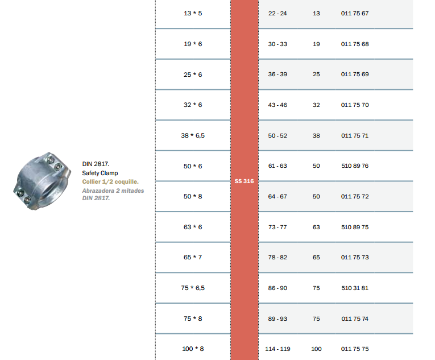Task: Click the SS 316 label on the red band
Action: [x=244, y=181]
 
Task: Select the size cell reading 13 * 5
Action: [x=193, y=13]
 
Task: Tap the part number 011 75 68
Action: [x=355, y=44]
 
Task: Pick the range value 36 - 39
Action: [x=277, y=75]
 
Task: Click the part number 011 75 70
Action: [x=355, y=105]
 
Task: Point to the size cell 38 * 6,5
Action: [x=193, y=135]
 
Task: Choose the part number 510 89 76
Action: [x=355, y=165]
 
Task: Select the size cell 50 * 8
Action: [x=193, y=197]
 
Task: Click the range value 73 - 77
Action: [x=277, y=227]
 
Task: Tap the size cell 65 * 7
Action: [x=193, y=257]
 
